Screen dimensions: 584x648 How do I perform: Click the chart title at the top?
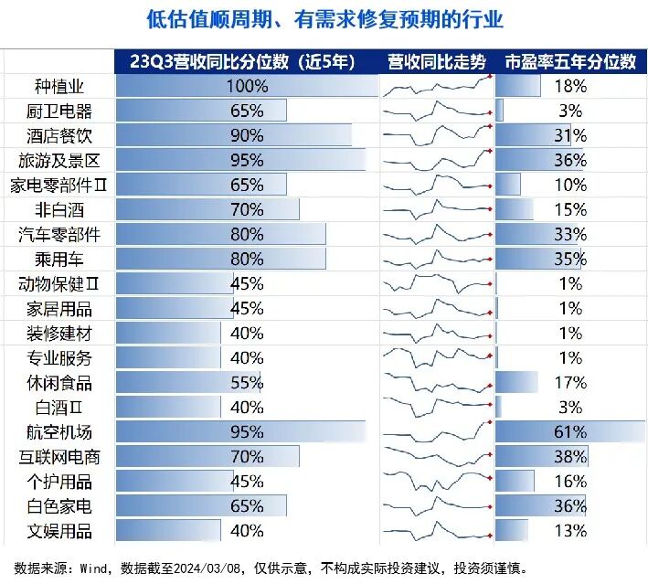[x=324, y=19]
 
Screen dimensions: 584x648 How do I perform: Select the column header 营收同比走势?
[x=438, y=62]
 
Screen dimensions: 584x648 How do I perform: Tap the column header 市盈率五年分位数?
[x=570, y=62]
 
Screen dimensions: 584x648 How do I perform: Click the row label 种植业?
[x=59, y=87]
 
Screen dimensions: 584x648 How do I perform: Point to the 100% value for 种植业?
[x=248, y=87]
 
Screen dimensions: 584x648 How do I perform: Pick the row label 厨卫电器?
[x=59, y=111]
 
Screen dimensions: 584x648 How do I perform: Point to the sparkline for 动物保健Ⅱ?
[x=438, y=283]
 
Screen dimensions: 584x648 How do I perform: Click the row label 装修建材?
[x=59, y=333]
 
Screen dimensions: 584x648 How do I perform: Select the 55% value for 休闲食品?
[x=248, y=382]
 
